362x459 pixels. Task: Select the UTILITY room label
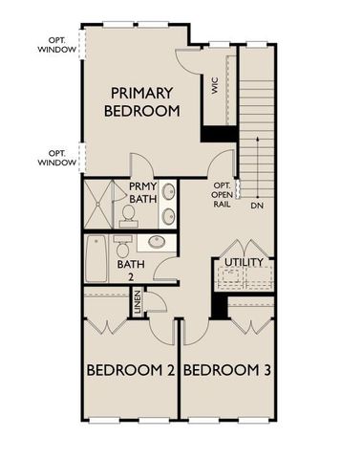(244, 262)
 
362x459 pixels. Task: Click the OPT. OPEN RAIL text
(222, 195)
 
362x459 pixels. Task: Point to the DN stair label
(256, 206)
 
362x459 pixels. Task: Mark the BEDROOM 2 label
(129, 371)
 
